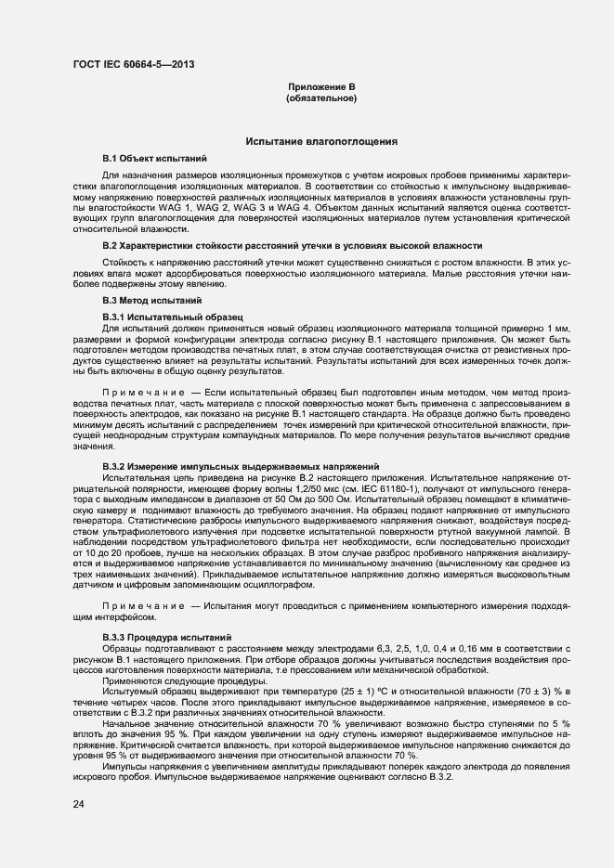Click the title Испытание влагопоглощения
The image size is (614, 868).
[x=321, y=141]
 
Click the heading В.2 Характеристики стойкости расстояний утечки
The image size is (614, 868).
[x=292, y=245]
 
